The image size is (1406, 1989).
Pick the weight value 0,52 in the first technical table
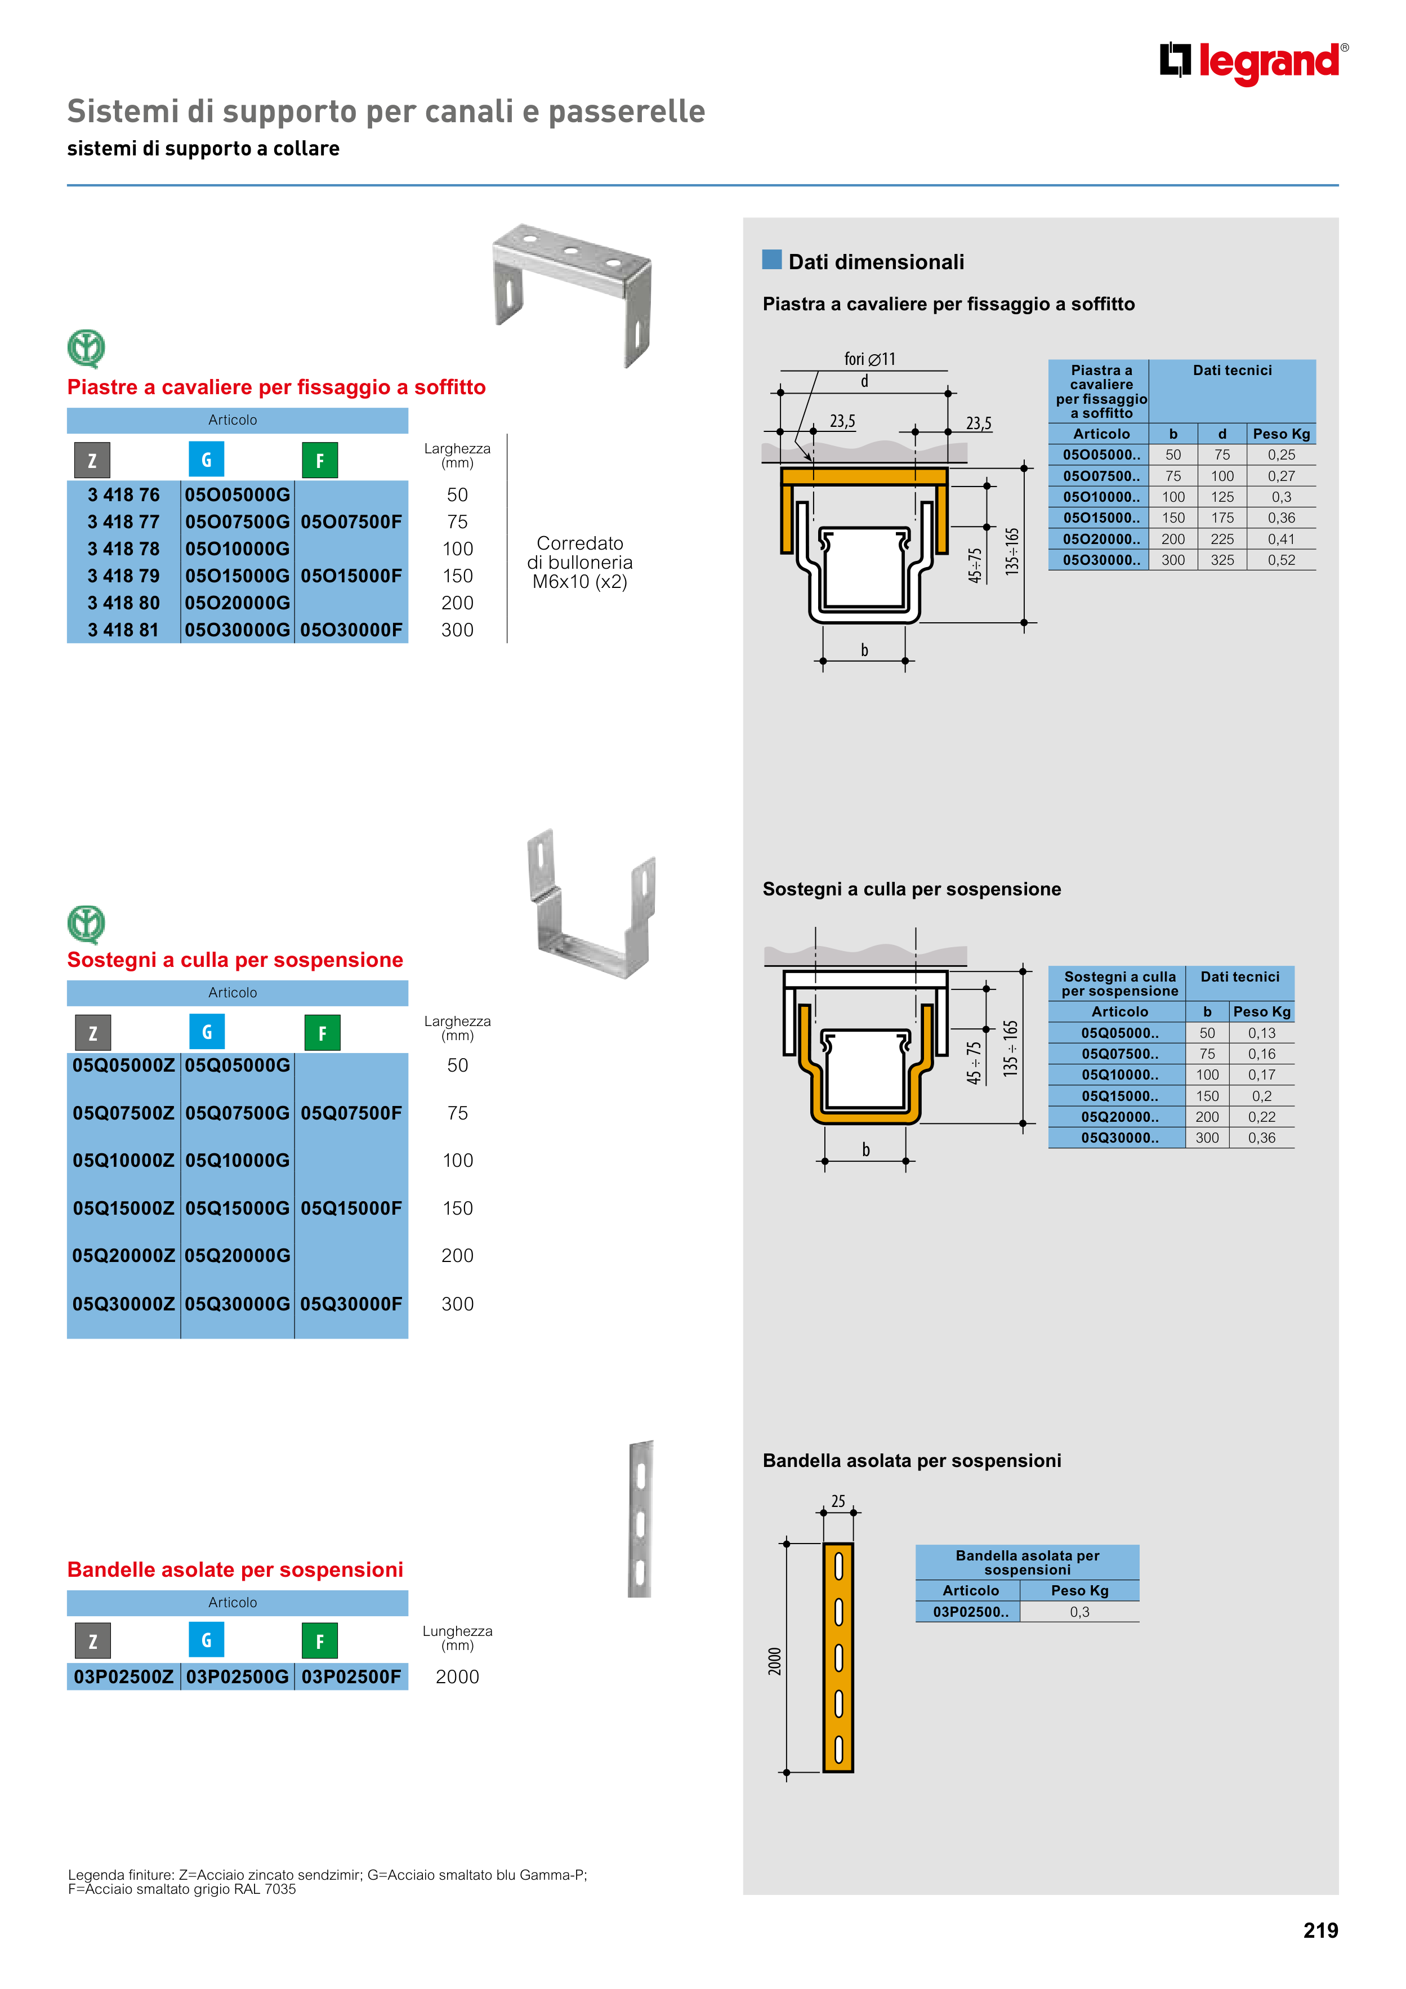1280,560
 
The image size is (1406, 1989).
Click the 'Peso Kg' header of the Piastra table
1280,434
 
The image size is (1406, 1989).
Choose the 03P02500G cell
238,1677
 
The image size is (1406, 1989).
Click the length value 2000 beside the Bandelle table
457,1677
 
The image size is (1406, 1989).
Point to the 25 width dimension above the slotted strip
838,1501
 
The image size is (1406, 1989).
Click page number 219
1319,1931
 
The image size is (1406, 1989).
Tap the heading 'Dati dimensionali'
875,262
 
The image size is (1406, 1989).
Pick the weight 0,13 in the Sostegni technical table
1261,1033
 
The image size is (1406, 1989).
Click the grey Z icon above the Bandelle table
93,1641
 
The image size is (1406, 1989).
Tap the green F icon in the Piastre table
320,460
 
